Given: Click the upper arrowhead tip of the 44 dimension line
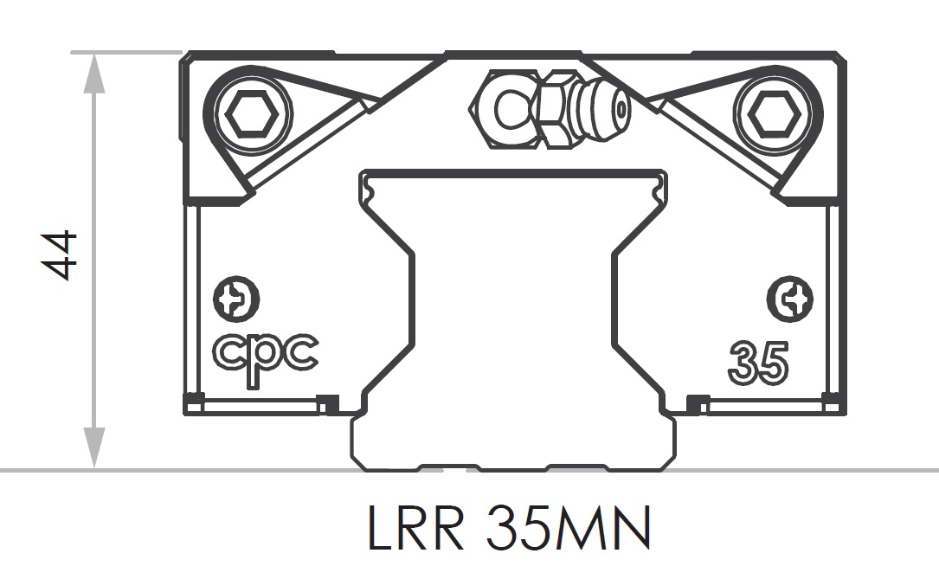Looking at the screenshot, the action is [93, 54].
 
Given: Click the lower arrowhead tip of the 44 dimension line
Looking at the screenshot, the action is [93, 467].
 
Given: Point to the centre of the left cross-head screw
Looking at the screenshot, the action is [236, 299].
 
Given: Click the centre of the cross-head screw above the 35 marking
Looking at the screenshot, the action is [790, 299].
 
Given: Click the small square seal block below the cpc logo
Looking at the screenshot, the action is [327, 404].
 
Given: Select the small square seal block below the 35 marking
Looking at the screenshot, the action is [697, 404].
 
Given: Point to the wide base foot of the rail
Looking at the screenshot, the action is [513, 442].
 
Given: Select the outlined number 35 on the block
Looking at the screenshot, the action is [758, 363].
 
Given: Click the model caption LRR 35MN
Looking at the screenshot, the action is [508, 529].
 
